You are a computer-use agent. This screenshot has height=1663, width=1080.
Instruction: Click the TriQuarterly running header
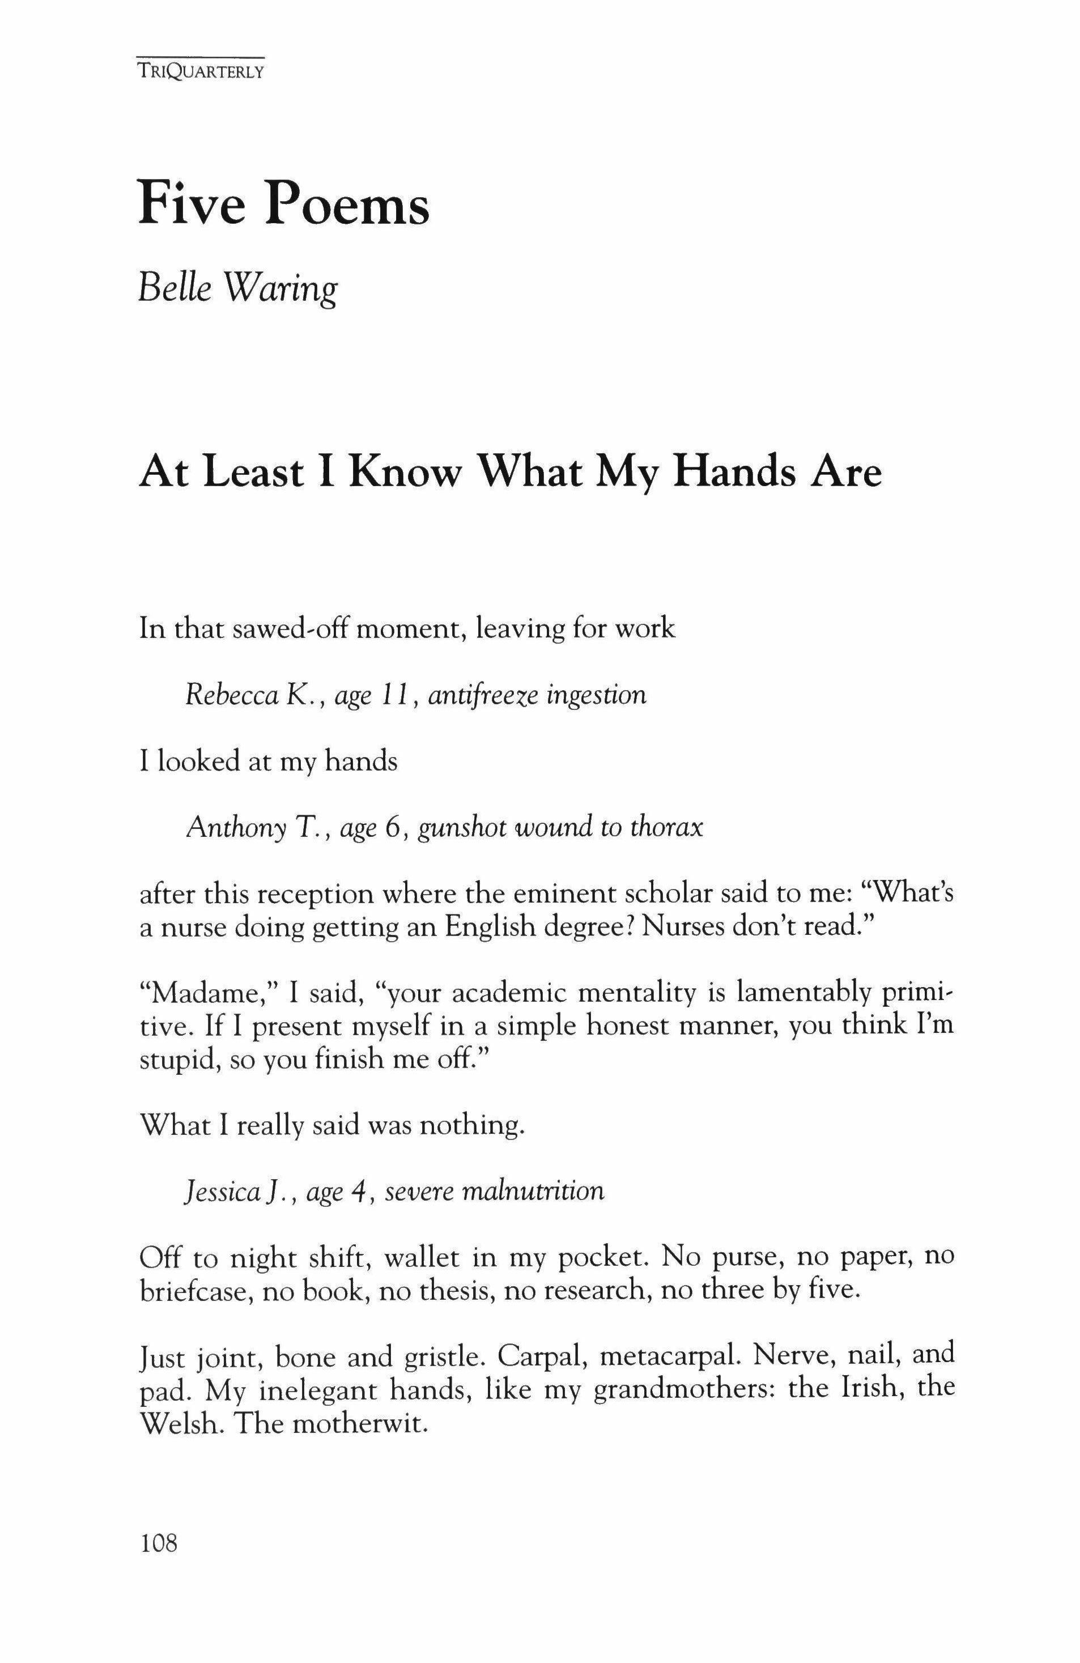click(201, 71)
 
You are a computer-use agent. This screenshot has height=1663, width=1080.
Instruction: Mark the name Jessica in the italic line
click(222, 1192)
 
